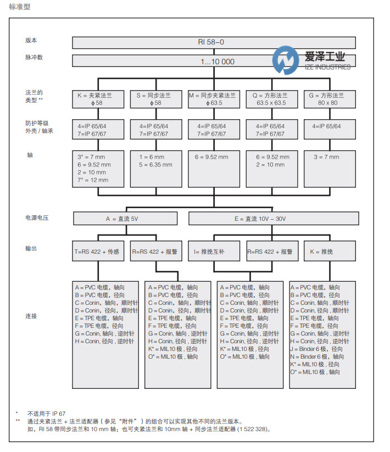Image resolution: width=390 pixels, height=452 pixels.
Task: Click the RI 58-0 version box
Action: (x=214, y=43)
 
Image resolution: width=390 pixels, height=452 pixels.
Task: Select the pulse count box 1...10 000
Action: (x=214, y=62)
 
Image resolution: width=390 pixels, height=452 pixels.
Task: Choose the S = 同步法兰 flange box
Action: (x=155, y=99)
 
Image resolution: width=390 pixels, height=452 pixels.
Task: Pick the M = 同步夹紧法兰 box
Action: (x=214, y=99)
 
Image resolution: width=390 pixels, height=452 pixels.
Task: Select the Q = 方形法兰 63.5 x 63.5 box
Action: (x=271, y=99)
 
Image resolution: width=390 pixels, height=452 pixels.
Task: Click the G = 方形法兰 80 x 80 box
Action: (x=330, y=99)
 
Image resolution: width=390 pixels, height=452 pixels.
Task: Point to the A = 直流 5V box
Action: (x=125, y=219)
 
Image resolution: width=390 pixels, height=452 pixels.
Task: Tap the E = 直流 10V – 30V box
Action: (x=271, y=219)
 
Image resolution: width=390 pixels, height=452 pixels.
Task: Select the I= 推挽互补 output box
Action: (x=214, y=251)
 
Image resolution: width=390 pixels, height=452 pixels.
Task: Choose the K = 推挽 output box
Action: (x=330, y=251)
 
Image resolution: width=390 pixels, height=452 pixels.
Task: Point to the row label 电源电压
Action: (x=37, y=218)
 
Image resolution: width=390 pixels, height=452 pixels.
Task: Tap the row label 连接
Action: (x=31, y=316)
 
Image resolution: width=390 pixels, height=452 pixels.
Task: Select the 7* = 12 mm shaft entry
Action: (x=93, y=180)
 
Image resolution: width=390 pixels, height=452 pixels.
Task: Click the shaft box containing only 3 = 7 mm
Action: (x=330, y=168)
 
